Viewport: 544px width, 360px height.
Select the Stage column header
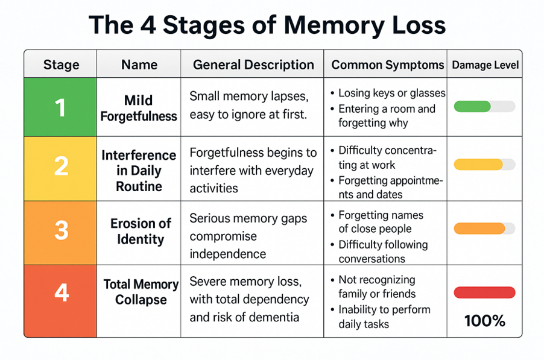[x=61, y=65]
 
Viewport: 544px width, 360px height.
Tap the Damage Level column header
[x=485, y=65]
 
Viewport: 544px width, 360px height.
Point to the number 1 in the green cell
[x=60, y=107]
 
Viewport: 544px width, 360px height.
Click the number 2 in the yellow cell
[x=61, y=166]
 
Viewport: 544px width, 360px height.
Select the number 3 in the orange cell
[x=61, y=231]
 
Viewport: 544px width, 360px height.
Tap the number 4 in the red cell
[x=61, y=293]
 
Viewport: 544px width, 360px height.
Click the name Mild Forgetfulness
[x=139, y=107]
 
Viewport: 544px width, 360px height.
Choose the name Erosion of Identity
[x=141, y=231]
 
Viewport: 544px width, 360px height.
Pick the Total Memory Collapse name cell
[x=141, y=291]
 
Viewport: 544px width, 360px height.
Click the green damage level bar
[x=472, y=107]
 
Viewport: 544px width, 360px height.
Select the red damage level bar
[x=484, y=292]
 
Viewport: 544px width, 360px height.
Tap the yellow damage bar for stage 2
[x=478, y=165]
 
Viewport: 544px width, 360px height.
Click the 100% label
[x=484, y=321]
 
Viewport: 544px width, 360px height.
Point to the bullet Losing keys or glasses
[x=391, y=93]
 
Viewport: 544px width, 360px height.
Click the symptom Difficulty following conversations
[x=382, y=251]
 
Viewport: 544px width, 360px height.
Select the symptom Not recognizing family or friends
[x=377, y=287]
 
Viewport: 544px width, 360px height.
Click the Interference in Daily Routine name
[x=139, y=171]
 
